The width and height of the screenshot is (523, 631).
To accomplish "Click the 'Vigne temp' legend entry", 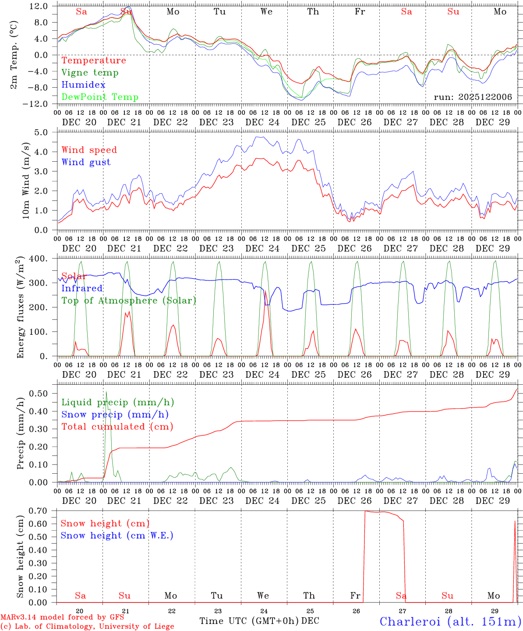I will point(90,73).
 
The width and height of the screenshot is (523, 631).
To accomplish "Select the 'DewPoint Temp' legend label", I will point(100,97).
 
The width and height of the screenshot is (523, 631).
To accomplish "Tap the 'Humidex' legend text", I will point(83,85).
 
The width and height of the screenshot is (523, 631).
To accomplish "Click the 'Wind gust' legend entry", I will point(86,162).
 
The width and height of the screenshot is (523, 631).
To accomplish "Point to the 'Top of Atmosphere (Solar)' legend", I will point(128,301).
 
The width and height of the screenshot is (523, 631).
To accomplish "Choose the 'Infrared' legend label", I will point(82,288).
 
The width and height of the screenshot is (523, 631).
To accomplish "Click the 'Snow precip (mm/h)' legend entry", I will point(115,415).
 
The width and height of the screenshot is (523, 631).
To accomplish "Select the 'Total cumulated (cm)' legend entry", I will point(117,427).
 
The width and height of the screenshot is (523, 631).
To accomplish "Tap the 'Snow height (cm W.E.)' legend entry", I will point(117,535).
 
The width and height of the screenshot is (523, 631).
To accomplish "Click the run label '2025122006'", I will point(473,97).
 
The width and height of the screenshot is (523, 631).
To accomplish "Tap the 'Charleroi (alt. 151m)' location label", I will point(450,621).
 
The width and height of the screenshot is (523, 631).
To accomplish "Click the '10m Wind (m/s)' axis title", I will point(26,181).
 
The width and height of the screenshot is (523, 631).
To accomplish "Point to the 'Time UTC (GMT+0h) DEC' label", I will point(259,621).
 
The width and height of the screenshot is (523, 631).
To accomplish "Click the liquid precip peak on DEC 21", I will point(106,392).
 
